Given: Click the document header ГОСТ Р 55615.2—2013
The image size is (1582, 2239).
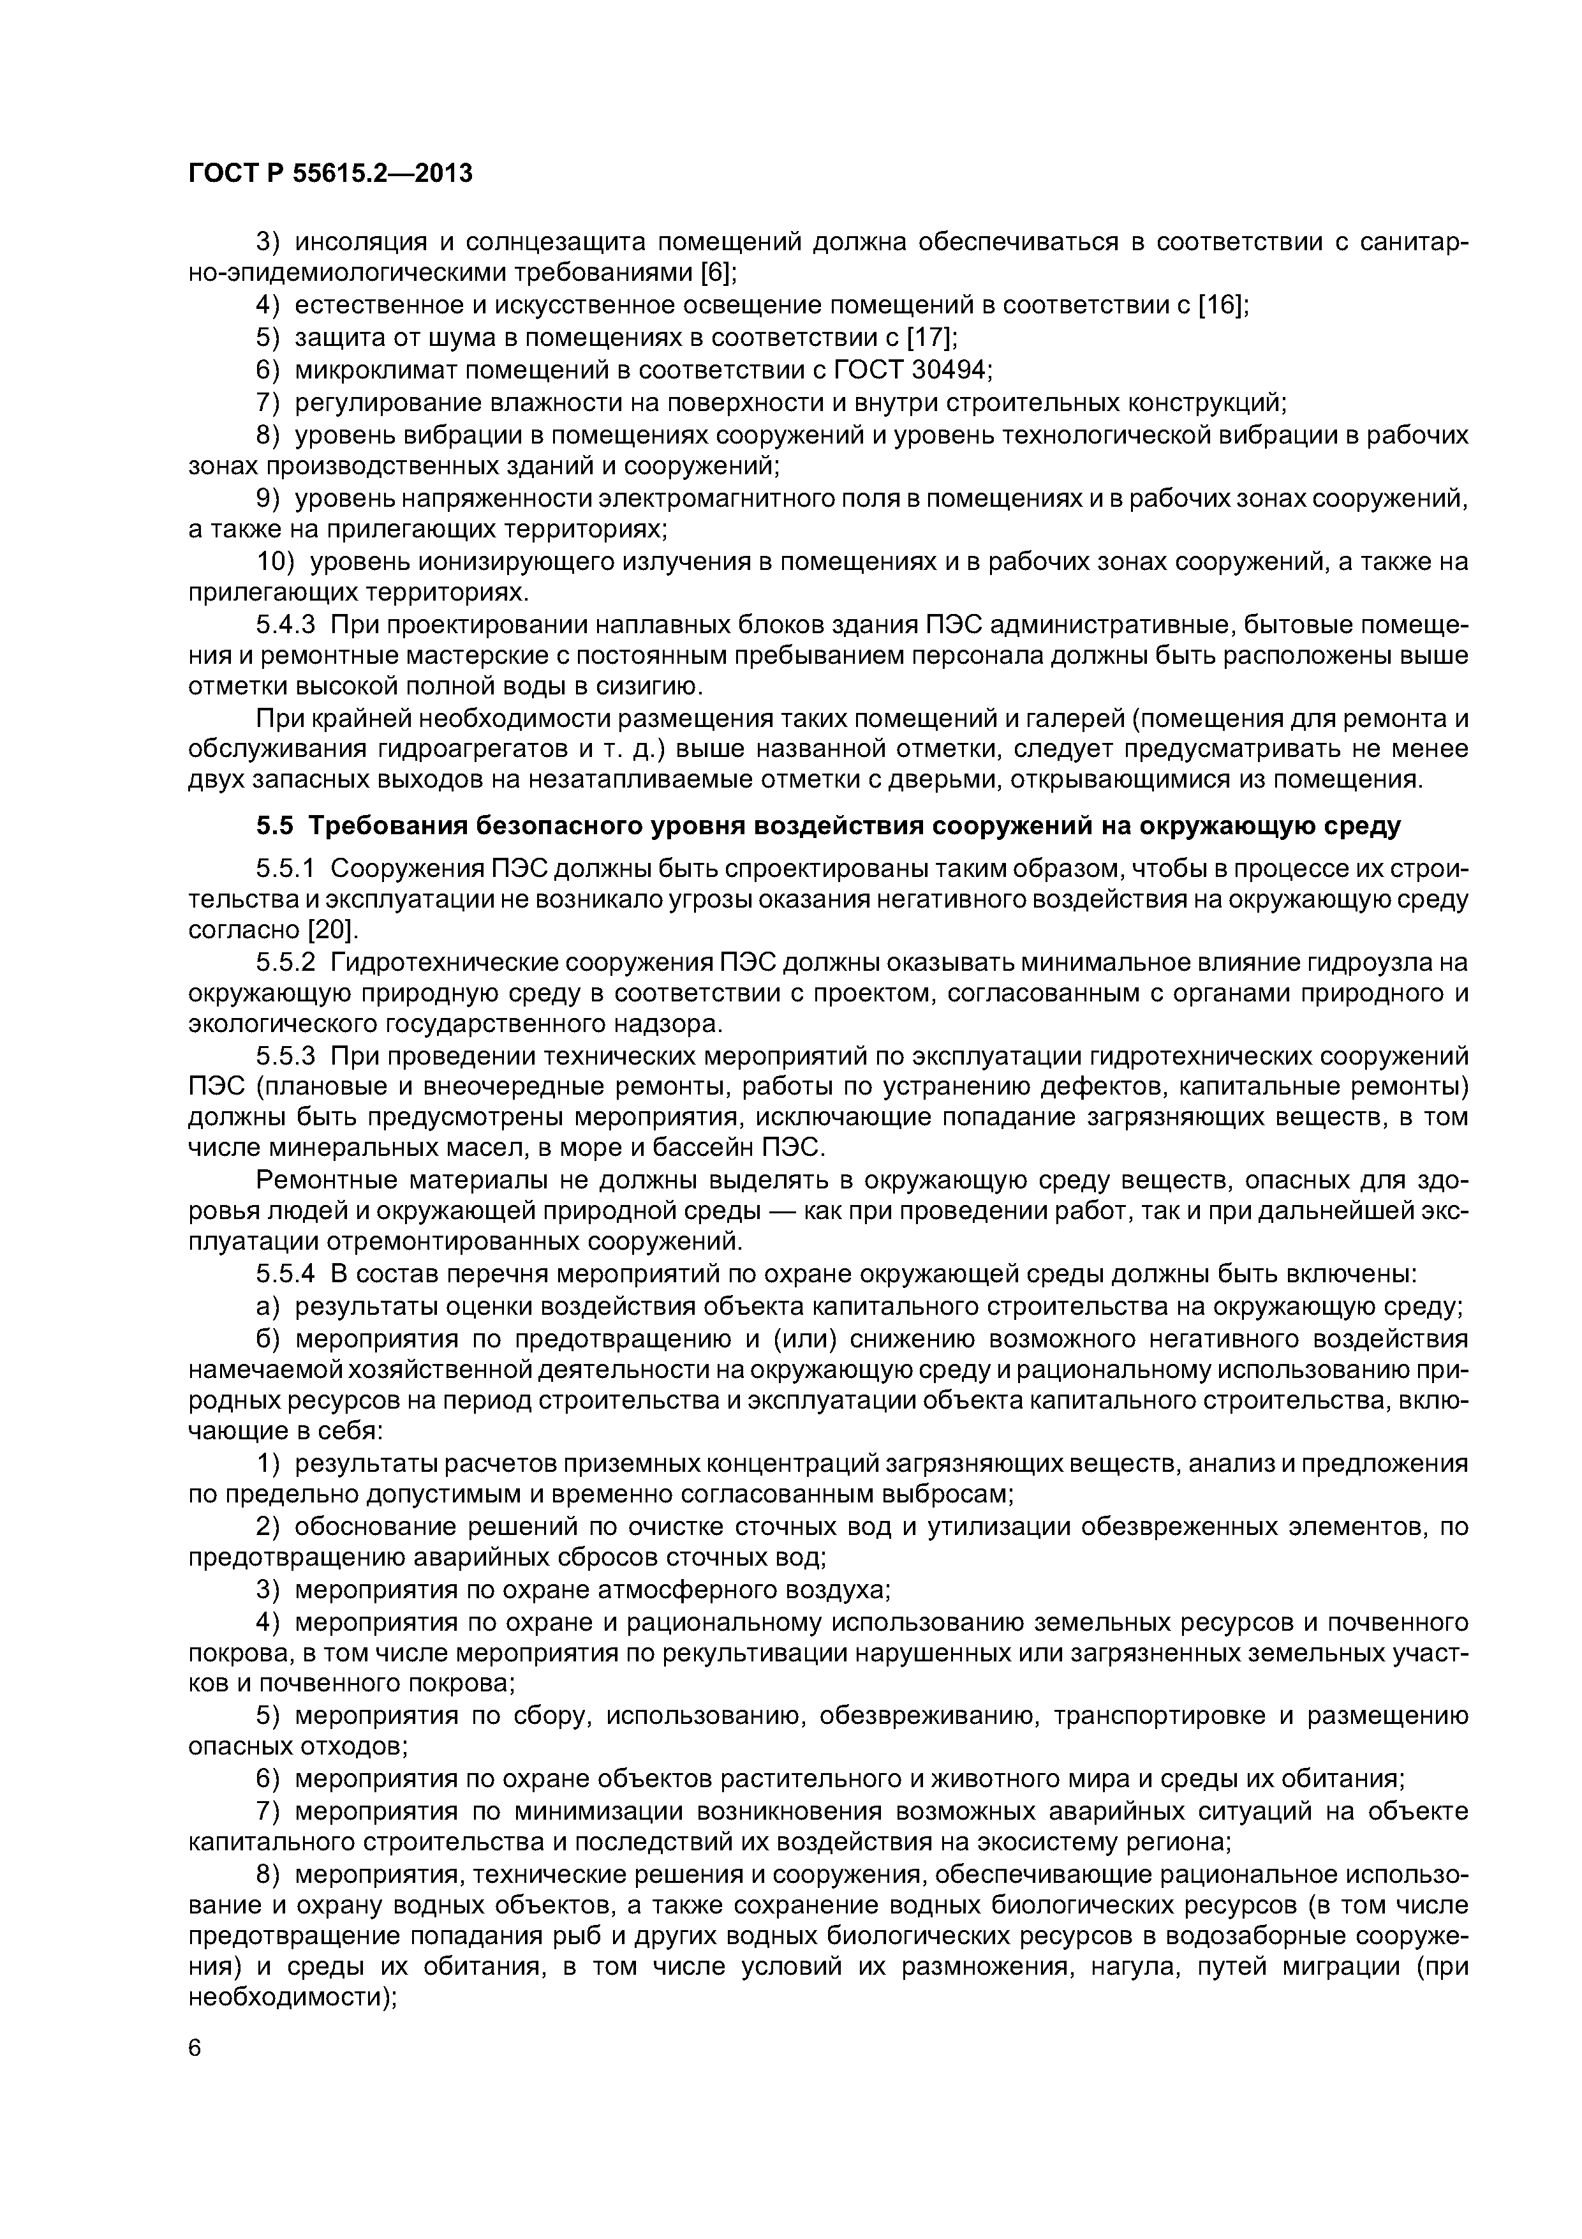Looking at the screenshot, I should click(x=329, y=174).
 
